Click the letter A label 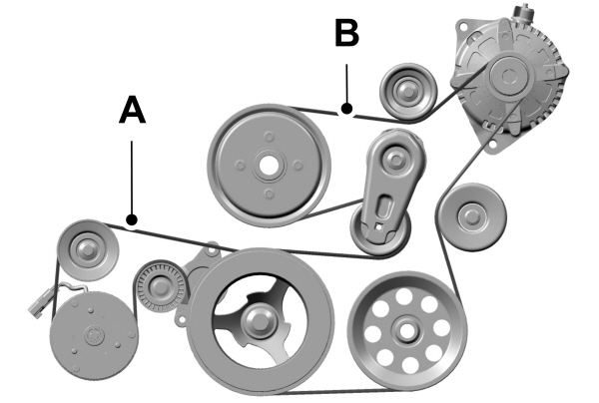click(x=132, y=110)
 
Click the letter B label click(x=345, y=33)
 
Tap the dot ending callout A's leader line click(x=132, y=217)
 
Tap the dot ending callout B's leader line click(x=345, y=108)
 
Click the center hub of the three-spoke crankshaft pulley click(x=259, y=321)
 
